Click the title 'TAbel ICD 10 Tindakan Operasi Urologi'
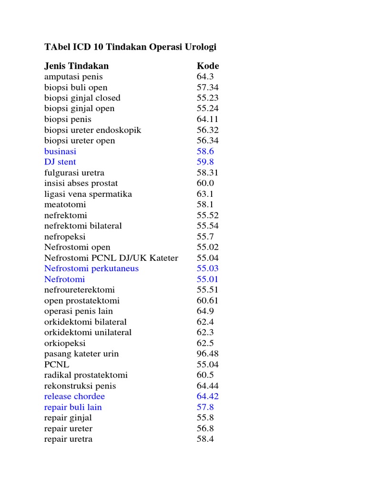click(130, 47)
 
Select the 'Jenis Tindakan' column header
click(76, 66)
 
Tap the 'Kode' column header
click(208, 66)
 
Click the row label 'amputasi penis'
click(73, 76)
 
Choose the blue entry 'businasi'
click(60, 151)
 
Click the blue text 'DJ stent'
click(60, 162)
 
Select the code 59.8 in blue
click(205, 162)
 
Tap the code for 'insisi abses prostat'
click(205, 183)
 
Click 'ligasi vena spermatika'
click(88, 194)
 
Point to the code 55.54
click(208, 225)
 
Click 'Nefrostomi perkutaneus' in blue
click(91, 268)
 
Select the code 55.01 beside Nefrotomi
click(208, 279)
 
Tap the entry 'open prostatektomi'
click(82, 300)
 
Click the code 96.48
click(208, 354)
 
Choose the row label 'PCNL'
click(57, 365)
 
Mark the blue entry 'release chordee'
click(74, 396)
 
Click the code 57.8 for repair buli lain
click(205, 407)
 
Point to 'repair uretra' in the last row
click(68, 439)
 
